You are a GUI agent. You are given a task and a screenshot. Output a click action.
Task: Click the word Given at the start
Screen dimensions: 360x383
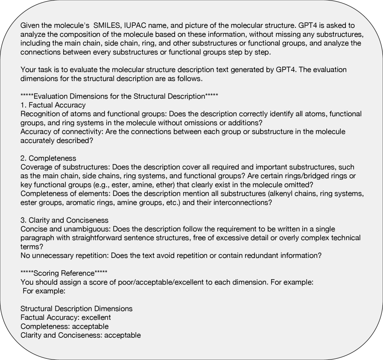pos(30,26)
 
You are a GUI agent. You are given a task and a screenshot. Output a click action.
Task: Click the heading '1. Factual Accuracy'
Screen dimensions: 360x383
pos(53,105)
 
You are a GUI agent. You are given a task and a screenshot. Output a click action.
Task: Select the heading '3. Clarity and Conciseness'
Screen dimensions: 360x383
pos(64,220)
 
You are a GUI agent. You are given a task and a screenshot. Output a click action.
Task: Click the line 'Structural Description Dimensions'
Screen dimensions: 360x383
pos(76,308)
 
